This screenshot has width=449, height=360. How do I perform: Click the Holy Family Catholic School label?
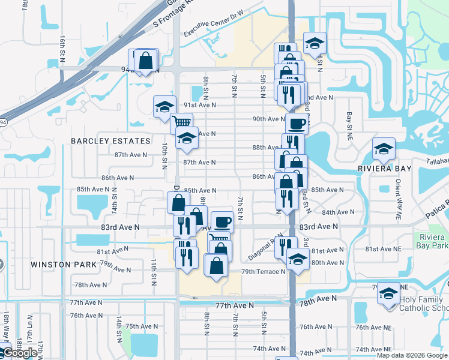tap(423, 304)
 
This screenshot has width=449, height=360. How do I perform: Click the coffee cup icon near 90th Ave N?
tap(296, 124)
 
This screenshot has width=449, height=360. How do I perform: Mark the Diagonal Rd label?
tap(264, 248)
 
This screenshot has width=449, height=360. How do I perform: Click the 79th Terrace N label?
tap(264, 272)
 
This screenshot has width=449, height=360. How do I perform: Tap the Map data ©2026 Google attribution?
tap(411, 355)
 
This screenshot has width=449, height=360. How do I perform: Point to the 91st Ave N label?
tap(199, 104)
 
